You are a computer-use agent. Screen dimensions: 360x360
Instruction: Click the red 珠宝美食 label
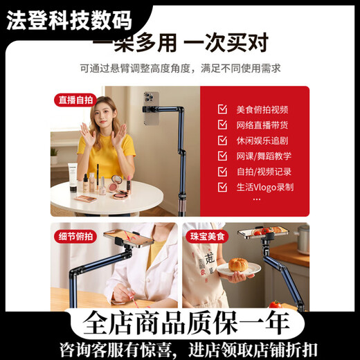pos(208,236)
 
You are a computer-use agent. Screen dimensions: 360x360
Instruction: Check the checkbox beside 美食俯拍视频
pos(222,109)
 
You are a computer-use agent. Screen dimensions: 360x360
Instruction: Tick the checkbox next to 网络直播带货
pos(222,125)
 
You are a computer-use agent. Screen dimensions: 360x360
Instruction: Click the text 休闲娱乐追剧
pos(262,141)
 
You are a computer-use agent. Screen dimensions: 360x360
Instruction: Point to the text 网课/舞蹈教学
pos(264,156)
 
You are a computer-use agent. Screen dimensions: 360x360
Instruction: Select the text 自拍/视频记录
pos(264,171)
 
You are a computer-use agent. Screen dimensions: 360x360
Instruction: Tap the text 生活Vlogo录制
pos(265,187)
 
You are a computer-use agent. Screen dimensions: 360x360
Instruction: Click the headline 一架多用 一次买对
pos(179,44)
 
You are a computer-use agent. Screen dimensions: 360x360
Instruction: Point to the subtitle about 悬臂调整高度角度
pos(179,69)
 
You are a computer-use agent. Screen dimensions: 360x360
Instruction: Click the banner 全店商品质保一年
pos(179,323)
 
